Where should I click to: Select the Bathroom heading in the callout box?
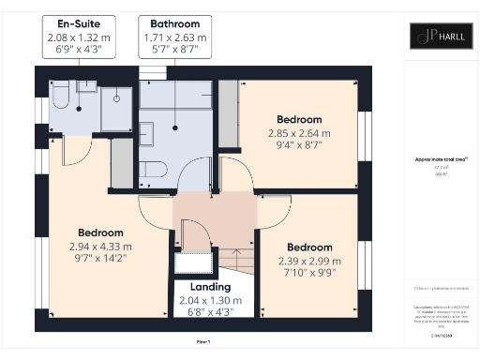pyautogui.click(x=174, y=21)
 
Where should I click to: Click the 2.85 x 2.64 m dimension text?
pyautogui.click(x=299, y=133)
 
